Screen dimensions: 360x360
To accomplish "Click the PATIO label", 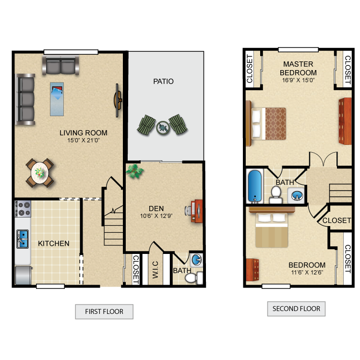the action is pyautogui.click(x=163, y=81).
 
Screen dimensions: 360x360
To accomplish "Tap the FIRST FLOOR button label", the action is pyautogui.click(x=104, y=312).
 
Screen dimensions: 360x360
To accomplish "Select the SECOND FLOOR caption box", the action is pyautogui.click(x=296, y=309).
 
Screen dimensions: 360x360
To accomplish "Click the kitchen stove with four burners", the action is pyautogui.click(x=23, y=208).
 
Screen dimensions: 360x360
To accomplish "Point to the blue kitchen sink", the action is pyautogui.click(x=23, y=239).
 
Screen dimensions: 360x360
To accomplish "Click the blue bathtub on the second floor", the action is pyautogui.click(x=254, y=186).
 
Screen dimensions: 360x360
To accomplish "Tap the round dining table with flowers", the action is pyautogui.click(x=40, y=173).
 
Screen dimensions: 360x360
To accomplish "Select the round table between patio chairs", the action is pyautogui.click(x=163, y=127).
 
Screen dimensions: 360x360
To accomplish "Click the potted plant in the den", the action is pyautogui.click(x=134, y=171).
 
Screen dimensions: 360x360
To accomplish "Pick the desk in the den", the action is pyautogui.click(x=196, y=211).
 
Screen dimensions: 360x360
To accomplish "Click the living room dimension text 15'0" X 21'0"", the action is pyautogui.click(x=84, y=140).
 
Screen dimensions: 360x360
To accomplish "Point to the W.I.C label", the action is pyautogui.click(x=156, y=270).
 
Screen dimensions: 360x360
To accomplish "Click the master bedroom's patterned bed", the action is pyautogui.click(x=266, y=123).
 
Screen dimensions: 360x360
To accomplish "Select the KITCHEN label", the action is pyautogui.click(x=53, y=243).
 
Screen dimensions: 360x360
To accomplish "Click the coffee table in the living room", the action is pyautogui.click(x=57, y=99).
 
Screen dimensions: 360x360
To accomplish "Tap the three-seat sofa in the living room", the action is pyautogui.click(x=25, y=99).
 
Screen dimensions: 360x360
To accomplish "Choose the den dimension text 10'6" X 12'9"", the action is pyautogui.click(x=156, y=216).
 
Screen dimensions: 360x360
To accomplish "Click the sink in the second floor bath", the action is pyautogui.click(x=296, y=196).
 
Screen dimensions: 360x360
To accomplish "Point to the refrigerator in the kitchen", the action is pyautogui.click(x=23, y=276).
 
